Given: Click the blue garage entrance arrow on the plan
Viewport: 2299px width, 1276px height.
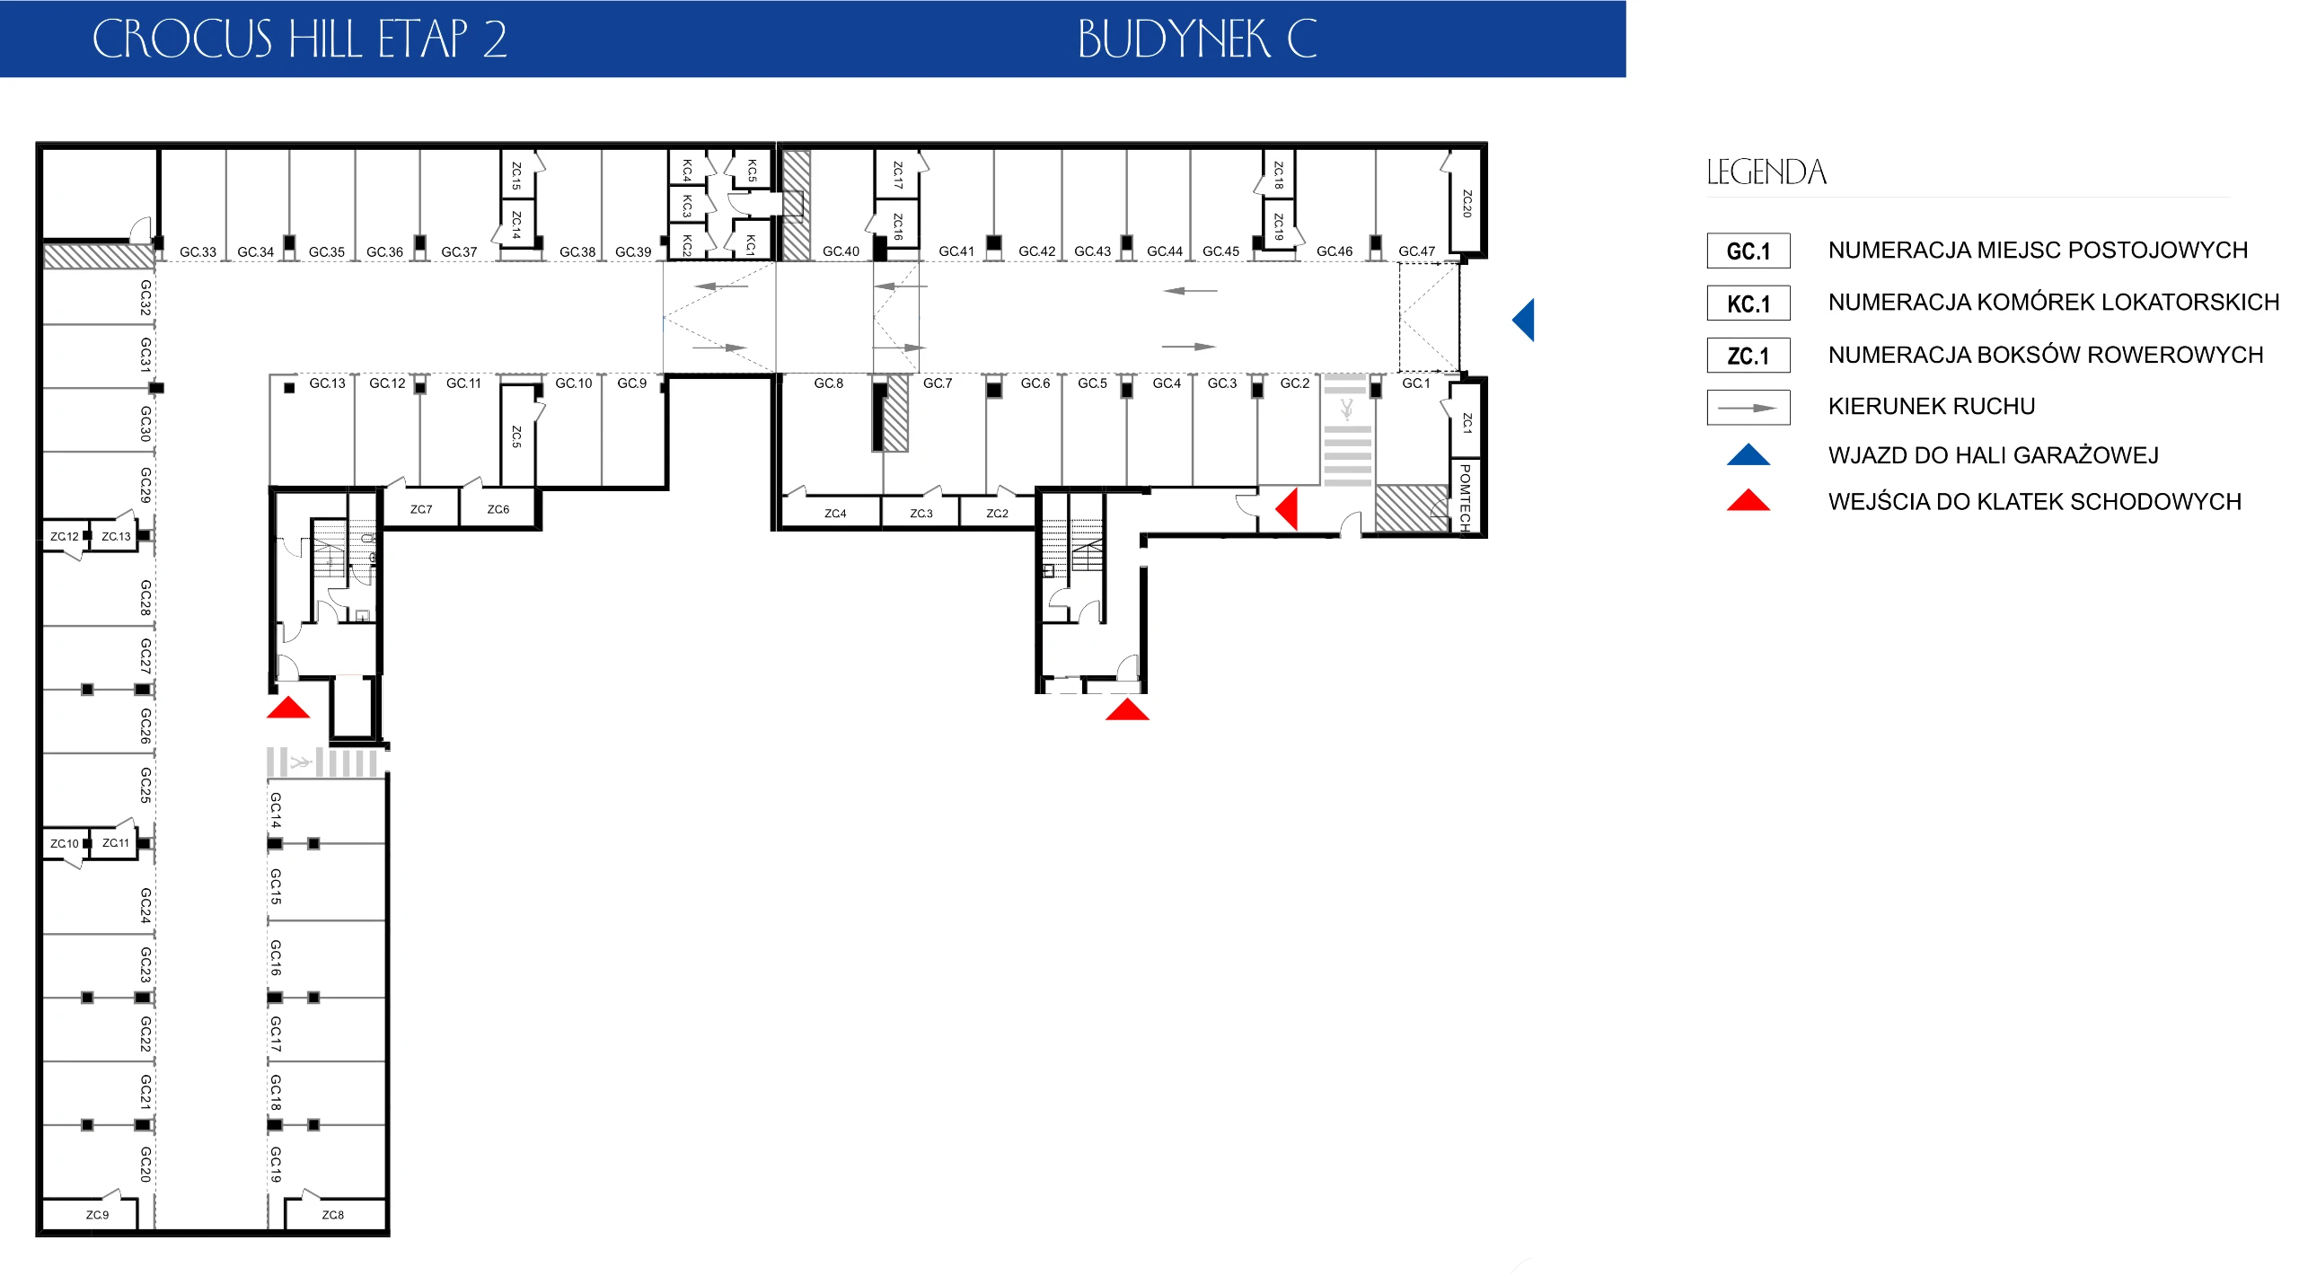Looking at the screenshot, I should pos(1524,320).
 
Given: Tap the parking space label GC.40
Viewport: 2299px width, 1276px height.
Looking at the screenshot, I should pos(841,251).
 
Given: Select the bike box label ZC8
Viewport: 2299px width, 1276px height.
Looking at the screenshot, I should pos(332,1215).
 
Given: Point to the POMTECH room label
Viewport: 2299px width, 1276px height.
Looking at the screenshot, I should pos(1465,497).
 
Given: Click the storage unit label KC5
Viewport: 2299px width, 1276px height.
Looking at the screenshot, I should pos(752,170).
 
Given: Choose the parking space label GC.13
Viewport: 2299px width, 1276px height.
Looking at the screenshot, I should pos(327,383).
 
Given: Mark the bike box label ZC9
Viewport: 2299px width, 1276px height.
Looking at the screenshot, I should pos(97,1215).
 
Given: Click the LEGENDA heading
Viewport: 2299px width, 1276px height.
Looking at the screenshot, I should pos(1766,172).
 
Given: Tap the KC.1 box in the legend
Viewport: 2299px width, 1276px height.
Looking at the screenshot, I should pos(1748,304).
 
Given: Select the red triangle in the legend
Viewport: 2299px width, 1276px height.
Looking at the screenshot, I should pos(1748,501).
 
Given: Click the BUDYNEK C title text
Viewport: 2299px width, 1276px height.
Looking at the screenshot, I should pos(1197,40).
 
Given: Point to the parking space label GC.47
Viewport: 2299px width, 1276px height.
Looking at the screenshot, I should pos(1416,251).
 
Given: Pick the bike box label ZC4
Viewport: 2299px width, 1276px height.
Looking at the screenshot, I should pos(835,514).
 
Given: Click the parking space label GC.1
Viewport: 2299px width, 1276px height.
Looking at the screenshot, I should pos(1415,383).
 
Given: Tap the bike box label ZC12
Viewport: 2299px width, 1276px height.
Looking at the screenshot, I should pos(65,537).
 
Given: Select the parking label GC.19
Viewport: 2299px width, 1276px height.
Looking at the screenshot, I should pos(276,1164).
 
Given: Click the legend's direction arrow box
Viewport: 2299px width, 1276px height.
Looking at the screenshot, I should pos(1748,408).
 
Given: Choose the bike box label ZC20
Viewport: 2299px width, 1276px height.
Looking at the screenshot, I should pos(1467,203).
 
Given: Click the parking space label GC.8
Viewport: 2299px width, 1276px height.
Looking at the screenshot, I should pos(828,383).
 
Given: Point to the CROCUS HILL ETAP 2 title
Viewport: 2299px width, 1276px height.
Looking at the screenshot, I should pos(299,40).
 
